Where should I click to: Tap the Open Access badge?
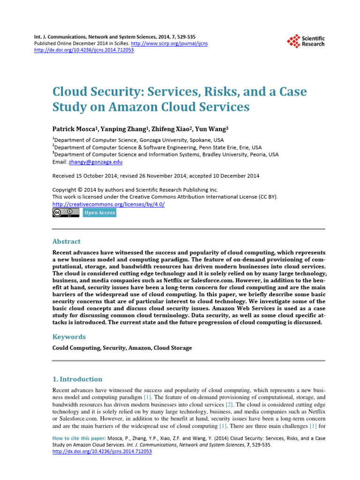coord(99,213)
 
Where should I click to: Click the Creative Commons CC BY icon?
coord(66,213)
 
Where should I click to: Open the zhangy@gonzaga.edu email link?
coord(96,161)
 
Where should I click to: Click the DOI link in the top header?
coord(84,50)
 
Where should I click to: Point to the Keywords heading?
coord(69,337)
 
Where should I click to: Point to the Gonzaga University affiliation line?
coord(139,140)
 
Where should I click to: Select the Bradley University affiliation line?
coord(166,154)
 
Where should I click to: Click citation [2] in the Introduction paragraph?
coord(229,404)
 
